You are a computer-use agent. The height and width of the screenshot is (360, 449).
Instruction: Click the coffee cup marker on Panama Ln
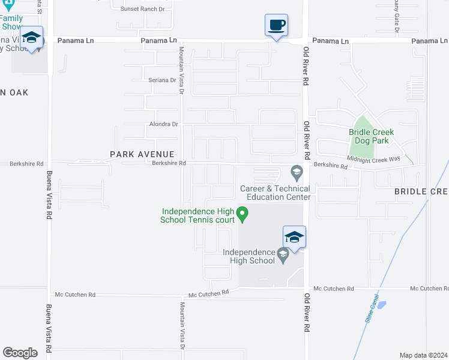[276, 26]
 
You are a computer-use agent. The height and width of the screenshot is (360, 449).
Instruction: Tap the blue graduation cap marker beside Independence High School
[294, 238]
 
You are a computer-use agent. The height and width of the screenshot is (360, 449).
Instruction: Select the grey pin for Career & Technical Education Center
[296, 173]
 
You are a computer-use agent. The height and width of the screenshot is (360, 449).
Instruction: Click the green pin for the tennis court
[242, 213]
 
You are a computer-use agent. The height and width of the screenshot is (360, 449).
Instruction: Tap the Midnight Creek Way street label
[373, 158]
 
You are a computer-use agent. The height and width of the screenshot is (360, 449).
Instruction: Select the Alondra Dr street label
[164, 124]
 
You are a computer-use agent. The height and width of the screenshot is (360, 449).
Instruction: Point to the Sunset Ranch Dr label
[142, 9]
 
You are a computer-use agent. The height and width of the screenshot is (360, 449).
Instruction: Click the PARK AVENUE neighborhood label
[142, 154]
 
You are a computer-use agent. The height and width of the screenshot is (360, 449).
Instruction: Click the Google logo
[20, 353]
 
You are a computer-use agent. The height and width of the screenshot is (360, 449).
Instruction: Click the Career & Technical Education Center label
[276, 193]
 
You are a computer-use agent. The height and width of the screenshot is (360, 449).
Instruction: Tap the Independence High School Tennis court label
[197, 215]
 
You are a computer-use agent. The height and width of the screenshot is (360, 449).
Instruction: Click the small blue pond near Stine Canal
[381, 304]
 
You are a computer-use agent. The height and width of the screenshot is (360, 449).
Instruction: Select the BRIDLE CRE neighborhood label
[421, 191]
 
